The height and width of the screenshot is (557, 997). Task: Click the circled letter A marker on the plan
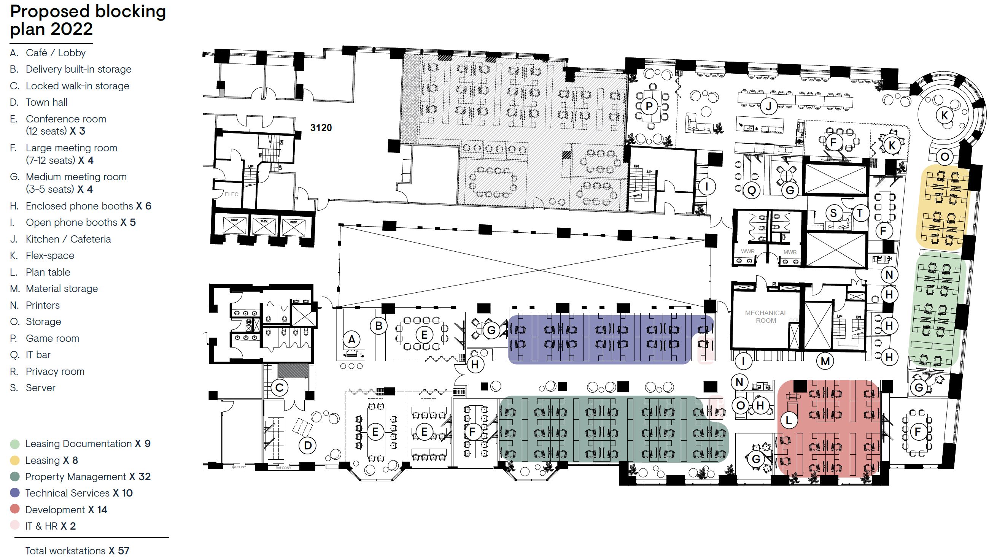pyautogui.click(x=351, y=340)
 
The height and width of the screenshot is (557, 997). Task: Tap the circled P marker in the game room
pyautogui.click(x=649, y=106)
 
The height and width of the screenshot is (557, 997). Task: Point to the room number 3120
pyautogui.click(x=321, y=128)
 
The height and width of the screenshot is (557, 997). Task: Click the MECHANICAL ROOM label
pyautogui.click(x=766, y=316)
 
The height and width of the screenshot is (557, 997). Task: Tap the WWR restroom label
pyautogui.click(x=747, y=251)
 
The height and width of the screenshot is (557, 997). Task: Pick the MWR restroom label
pyautogui.click(x=790, y=252)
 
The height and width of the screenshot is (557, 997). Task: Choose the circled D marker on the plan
pyautogui.click(x=308, y=445)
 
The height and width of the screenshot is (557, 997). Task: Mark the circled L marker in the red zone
pyautogui.click(x=789, y=420)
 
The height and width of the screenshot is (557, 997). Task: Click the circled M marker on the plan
pyautogui.click(x=825, y=361)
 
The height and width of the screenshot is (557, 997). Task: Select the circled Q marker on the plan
pyautogui.click(x=752, y=190)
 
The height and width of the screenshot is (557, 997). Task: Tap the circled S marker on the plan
pyautogui.click(x=833, y=213)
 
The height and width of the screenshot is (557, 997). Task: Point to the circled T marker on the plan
pyautogui.click(x=860, y=213)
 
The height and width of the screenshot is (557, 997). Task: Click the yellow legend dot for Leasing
pyautogui.click(x=15, y=460)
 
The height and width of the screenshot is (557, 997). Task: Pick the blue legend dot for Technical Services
pyautogui.click(x=15, y=493)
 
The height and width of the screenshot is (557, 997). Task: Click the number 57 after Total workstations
pyautogui.click(x=123, y=551)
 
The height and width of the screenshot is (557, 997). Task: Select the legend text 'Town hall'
pyautogui.click(x=46, y=103)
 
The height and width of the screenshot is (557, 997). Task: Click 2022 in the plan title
pyautogui.click(x=71, y=29)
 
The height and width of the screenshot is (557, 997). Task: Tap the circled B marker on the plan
pyautogui.click(x=378, y=326)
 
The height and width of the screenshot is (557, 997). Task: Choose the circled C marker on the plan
pyautogui.click(x=280, y=387)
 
